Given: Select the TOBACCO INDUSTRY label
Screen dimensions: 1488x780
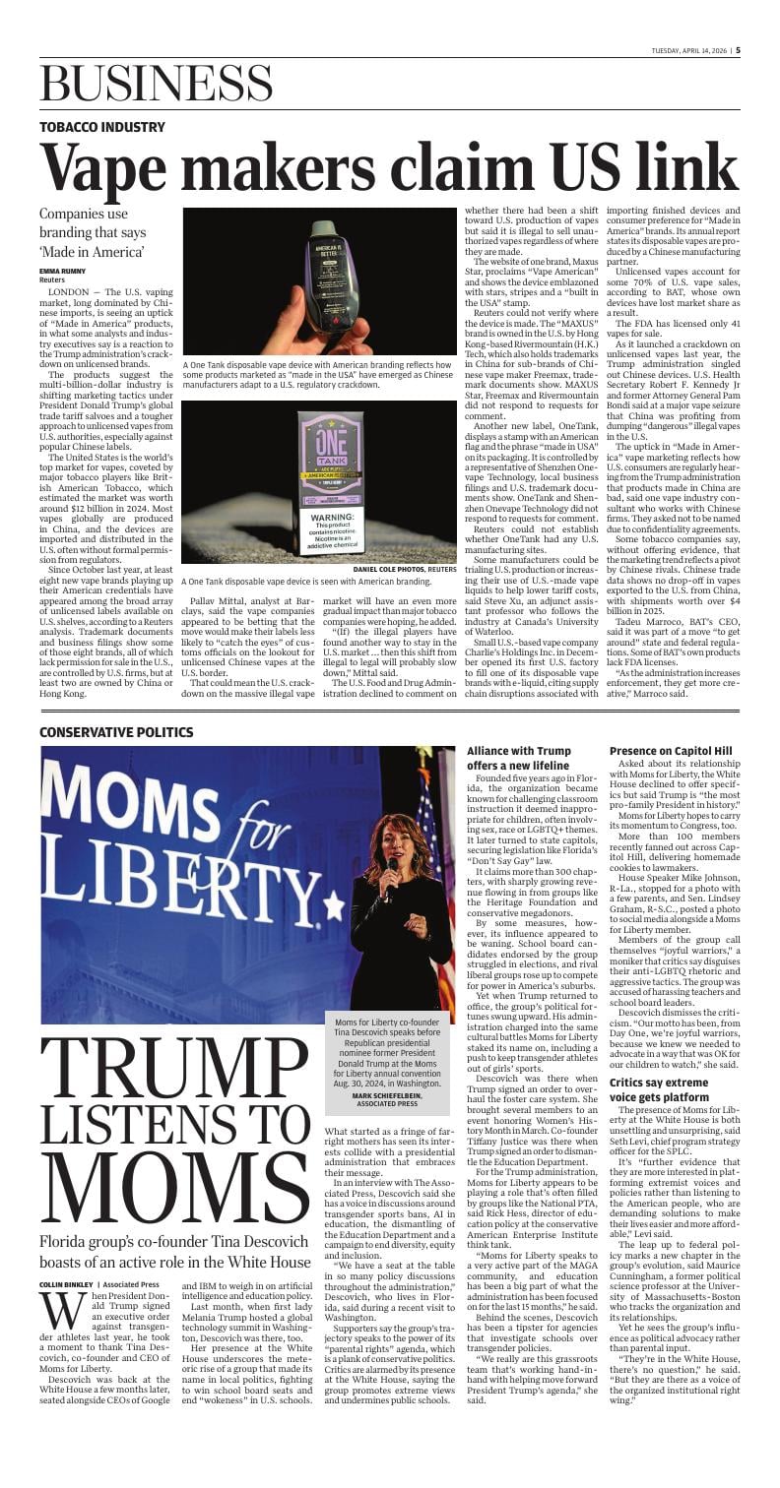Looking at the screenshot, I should (102, 127).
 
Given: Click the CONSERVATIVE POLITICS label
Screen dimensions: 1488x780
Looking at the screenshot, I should (116, 759).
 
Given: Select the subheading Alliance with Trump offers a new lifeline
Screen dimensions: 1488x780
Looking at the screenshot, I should (518, 785).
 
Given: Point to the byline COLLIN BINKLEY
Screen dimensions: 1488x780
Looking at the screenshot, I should (69, 1284).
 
